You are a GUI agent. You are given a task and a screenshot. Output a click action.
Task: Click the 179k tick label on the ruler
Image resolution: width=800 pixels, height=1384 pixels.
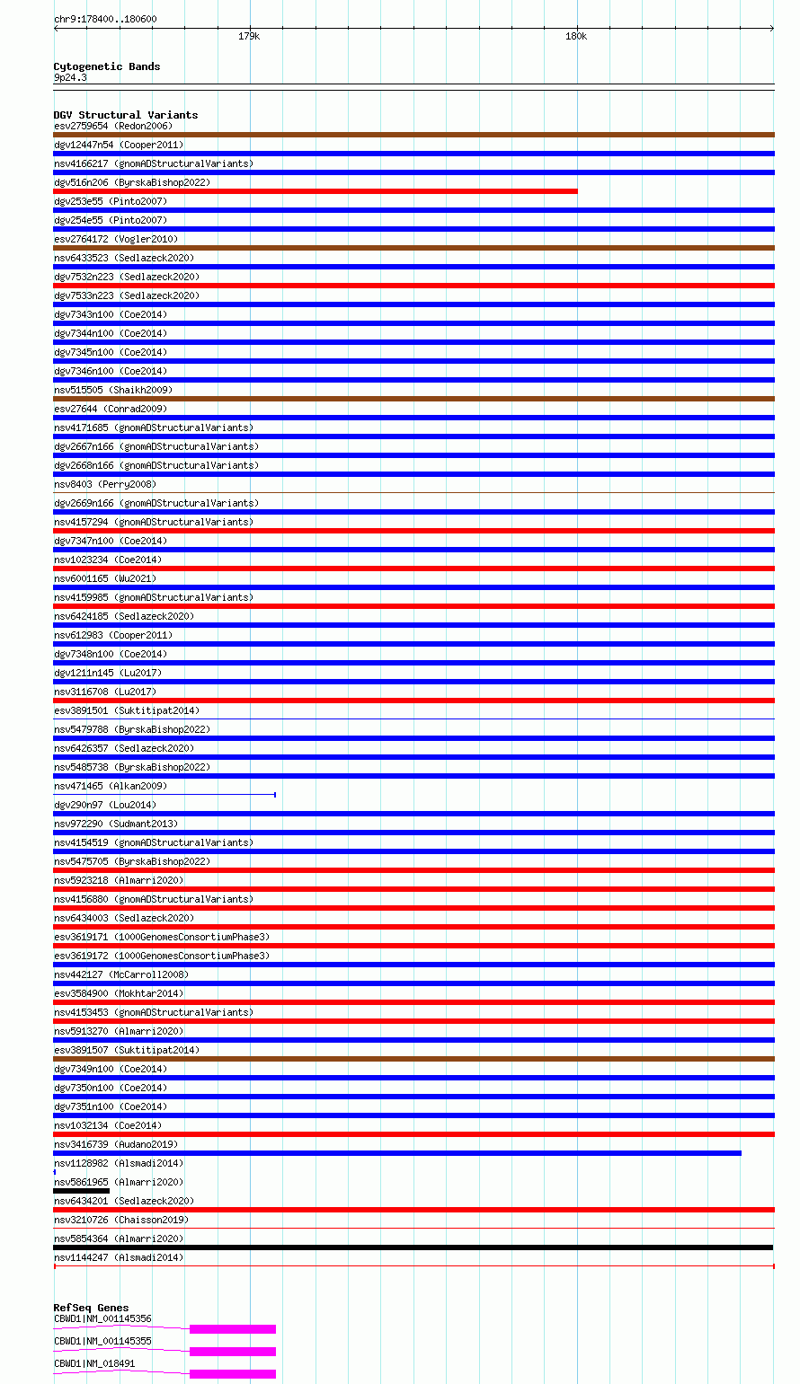(x=249, y=37)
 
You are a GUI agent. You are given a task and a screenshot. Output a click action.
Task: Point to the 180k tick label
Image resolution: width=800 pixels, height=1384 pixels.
(x=576, y=37)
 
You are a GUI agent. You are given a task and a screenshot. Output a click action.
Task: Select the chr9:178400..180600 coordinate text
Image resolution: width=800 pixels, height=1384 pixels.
(x=105, y=19)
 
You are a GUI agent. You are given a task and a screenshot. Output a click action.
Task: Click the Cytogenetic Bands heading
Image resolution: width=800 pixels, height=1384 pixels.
(x=106, y=66)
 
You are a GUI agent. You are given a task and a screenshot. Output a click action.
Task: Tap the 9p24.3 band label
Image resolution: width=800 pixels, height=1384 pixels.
(x=70, y=78)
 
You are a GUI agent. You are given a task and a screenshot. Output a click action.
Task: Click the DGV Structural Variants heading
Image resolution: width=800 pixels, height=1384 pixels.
(x=125, y=115)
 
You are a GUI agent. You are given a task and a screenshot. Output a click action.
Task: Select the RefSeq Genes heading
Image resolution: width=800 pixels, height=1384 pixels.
(x=91, y=1308)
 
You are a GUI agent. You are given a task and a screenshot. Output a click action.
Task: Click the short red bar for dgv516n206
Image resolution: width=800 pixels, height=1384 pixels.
(x=315, y=191)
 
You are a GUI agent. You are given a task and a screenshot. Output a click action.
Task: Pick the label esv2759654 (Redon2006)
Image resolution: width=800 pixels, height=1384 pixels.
(x=113, y=126)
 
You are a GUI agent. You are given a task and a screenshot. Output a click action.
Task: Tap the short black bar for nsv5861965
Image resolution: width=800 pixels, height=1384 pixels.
(x=81, y=1191)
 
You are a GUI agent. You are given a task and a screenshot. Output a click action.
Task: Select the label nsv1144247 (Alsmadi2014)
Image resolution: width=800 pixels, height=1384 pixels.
(x=119, y=1257)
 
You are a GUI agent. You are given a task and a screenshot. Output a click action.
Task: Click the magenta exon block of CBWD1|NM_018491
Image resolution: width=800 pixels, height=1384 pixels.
(x=232, y=1374)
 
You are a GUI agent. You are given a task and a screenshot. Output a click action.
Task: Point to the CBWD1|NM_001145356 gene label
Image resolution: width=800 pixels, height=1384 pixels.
(x=102, y=1319)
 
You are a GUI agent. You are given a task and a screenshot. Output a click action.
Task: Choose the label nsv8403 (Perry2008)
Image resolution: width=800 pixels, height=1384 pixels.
(x=104, y=484)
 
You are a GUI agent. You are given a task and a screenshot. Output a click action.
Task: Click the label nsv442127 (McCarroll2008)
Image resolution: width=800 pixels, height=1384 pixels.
(x=121, y=974)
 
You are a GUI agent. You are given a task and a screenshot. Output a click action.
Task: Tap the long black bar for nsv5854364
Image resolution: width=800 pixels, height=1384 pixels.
(x=413, y=1247)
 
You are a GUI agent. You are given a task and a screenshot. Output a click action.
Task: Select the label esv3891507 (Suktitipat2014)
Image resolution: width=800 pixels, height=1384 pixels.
(x=127, y=1050)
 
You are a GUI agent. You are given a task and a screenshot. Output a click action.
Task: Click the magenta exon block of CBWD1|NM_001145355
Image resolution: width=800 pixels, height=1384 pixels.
(x=232, y=1352)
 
